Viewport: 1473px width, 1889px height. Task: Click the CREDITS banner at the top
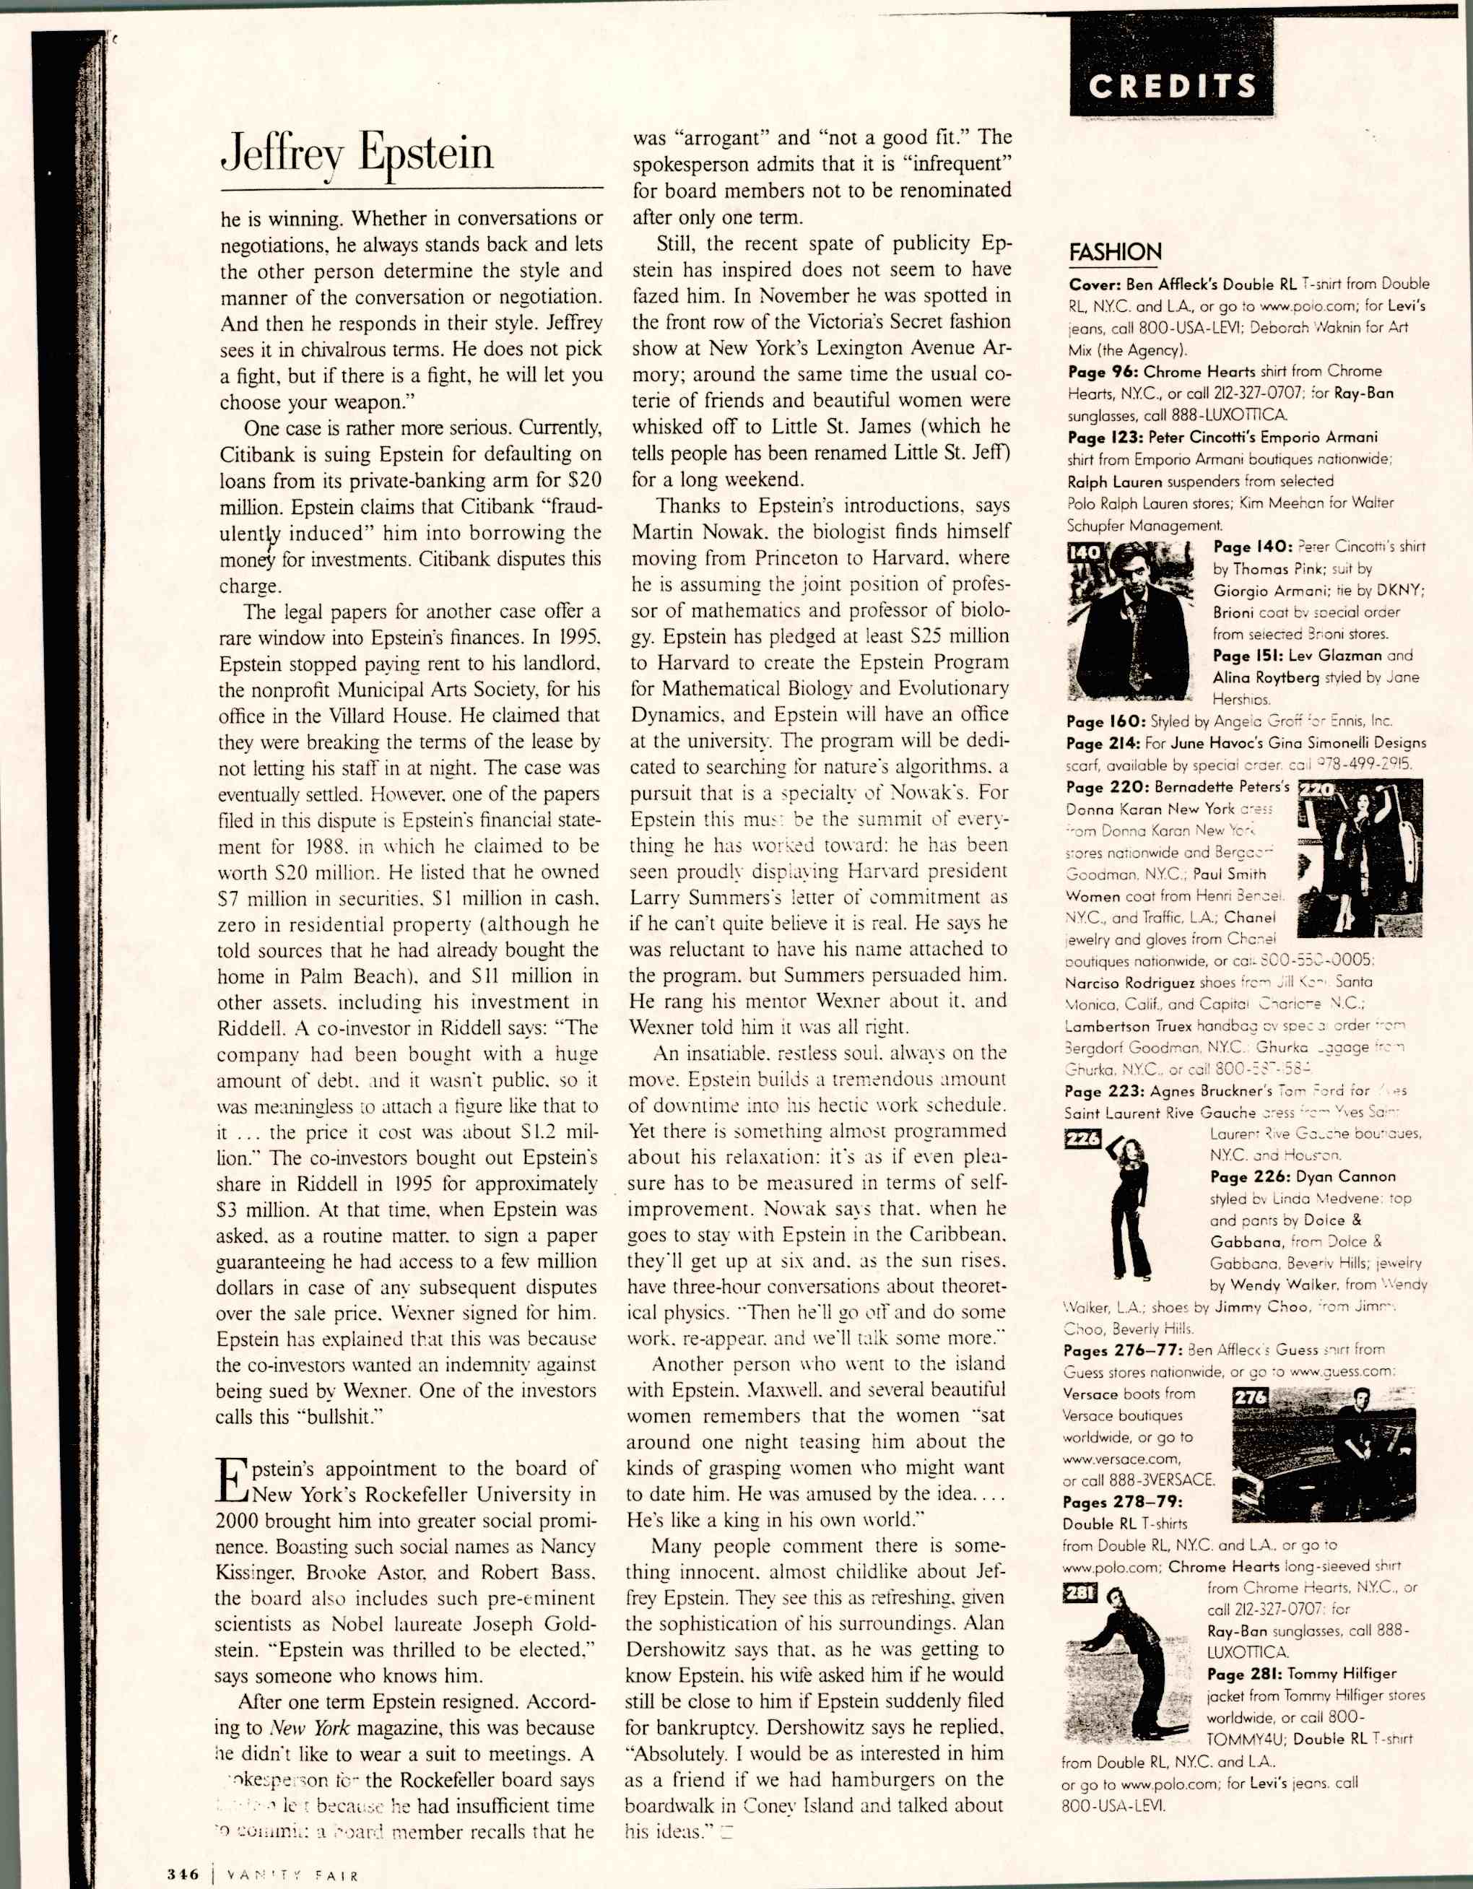click(x=1171, y=86)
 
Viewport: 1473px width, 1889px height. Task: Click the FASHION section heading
click(x=1115, y=252)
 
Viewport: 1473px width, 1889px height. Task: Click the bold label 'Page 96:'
click(x=1102, y=372)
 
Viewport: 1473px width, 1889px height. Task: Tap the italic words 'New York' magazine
click(x=310, y=1729)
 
